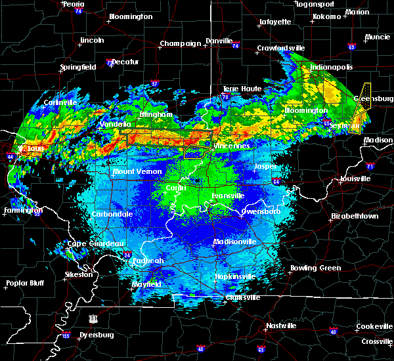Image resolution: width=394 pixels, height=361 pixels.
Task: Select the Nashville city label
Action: tap(281, 326)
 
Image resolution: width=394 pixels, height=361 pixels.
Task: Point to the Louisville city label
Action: tap(355, 179)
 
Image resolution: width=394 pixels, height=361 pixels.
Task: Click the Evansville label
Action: tap(229, 196)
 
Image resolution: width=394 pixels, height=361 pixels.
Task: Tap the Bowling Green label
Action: tap(315, 268)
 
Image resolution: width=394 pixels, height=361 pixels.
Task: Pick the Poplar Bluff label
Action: tap(24, 284)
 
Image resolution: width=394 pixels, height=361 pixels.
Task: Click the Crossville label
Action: tap(376, 342)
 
